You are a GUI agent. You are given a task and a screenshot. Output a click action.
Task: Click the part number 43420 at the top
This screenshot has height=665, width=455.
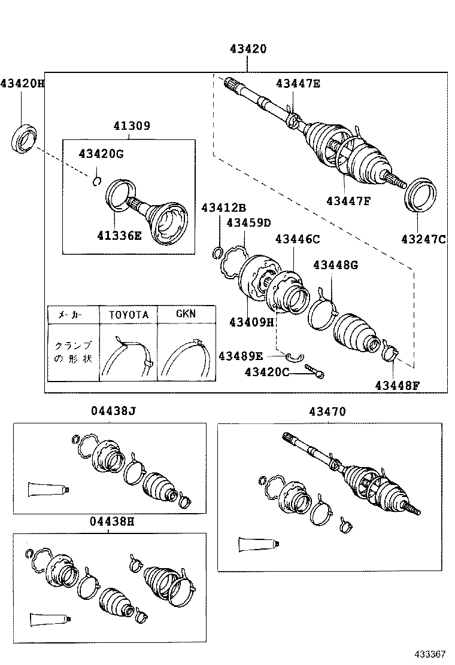pyautogui.click(x=247, y=49)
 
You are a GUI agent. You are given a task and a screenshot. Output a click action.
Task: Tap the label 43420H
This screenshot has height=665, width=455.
pyautogui.click(x=22, y=83)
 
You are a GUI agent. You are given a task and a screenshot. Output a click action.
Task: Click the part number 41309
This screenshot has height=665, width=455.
pyautogui.click(x=131, y=126)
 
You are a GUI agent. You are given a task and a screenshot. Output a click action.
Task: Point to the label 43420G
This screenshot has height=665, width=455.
pyautogui.click(x=101, y=154)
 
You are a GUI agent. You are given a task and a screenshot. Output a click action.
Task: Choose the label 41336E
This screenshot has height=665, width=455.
pyautogui.click(x=119, y=236)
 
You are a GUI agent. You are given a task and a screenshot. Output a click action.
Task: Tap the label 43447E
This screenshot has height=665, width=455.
pyautogui.click(x=298, y=84)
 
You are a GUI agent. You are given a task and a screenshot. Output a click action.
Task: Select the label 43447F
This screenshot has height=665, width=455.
pyautogui.click(x=348, y=200)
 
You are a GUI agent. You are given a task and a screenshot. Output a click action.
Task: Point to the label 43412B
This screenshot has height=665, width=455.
pyautogui.click(x=223, y=208)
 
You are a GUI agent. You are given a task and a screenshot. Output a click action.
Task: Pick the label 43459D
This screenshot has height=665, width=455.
pyautogui.click(x=248, y=223)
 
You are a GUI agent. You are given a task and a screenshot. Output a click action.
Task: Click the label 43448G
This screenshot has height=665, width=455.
pyautogui.click(x=335, y=265)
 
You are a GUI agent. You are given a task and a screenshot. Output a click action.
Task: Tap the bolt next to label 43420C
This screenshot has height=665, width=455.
pyautogui.click(x=314, y=371)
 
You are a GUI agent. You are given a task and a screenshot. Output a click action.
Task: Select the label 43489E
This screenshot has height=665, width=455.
pyautogui.click(x=240, y=356)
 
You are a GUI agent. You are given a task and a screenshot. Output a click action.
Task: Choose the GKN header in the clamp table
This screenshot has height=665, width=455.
pyautogui.click(x=185, y=313)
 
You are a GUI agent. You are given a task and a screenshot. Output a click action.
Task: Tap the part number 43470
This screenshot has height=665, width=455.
pyautogui.click(x=327, y=411)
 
